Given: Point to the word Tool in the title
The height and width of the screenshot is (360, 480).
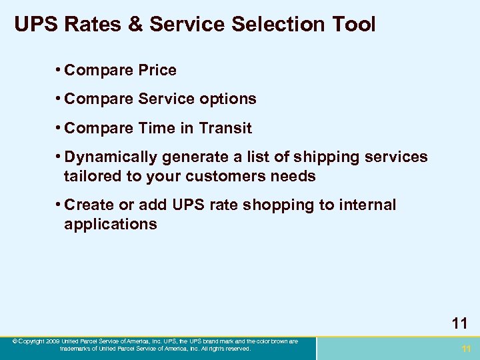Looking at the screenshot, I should tap(354, 25).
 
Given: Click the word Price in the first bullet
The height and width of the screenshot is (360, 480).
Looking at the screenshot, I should tap(154, 70).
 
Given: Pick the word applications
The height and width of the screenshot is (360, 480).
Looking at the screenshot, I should tap(111, 224).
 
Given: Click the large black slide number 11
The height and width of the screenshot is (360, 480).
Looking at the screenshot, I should tap(459, 323).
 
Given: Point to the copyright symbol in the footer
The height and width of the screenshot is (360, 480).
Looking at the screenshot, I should tap(14, 341).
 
